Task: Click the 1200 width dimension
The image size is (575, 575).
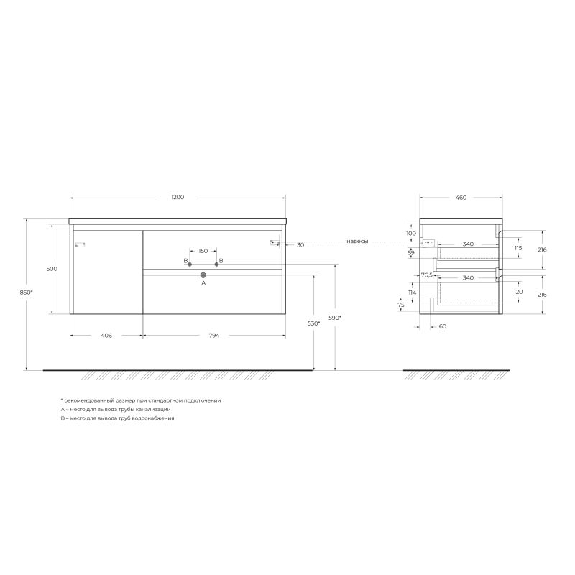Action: point(178,197)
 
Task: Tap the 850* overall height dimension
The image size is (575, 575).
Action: point(28,293)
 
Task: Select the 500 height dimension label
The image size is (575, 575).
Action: point(52,268)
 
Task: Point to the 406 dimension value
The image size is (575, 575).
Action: point(106,336)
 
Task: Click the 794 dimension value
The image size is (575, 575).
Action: point(213,336)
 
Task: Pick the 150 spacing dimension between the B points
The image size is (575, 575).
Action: point(203,251)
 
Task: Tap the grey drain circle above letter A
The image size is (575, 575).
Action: point(203,275)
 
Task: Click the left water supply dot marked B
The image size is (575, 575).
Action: point(190,264)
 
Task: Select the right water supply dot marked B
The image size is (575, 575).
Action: point(216,264)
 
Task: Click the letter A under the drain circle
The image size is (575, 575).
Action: point(203,284)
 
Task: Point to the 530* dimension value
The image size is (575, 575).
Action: point(313,324)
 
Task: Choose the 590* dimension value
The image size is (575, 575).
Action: point(335,317)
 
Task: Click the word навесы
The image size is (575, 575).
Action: point(357,241)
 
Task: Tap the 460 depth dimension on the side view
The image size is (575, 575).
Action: point(461,197)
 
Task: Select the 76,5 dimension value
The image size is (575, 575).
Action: point(426,275)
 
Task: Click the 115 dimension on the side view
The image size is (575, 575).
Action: point(518,247)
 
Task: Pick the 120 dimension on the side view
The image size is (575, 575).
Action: point(518,293)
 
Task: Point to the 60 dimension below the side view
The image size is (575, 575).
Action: point(442,326)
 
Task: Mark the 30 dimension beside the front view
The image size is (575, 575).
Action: point(300,245)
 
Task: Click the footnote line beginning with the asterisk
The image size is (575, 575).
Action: point(142,400)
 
